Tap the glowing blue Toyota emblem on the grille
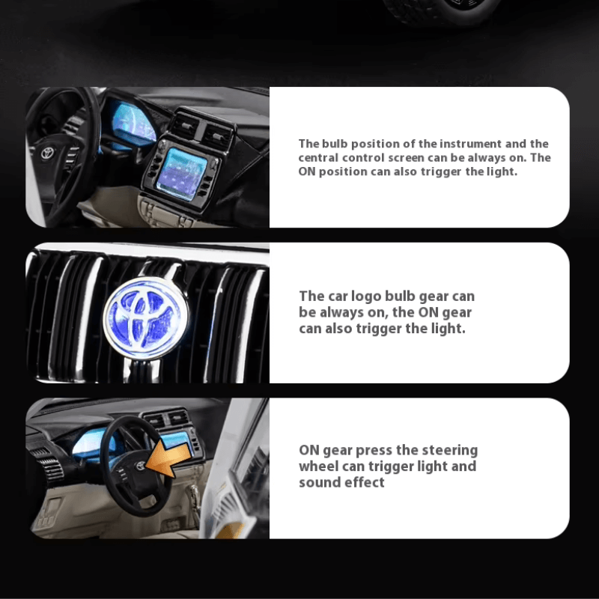145,318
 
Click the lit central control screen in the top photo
182,174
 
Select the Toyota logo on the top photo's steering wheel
48,153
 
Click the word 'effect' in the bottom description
365,482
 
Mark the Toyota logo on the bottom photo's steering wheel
140,466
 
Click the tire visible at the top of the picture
441,10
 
